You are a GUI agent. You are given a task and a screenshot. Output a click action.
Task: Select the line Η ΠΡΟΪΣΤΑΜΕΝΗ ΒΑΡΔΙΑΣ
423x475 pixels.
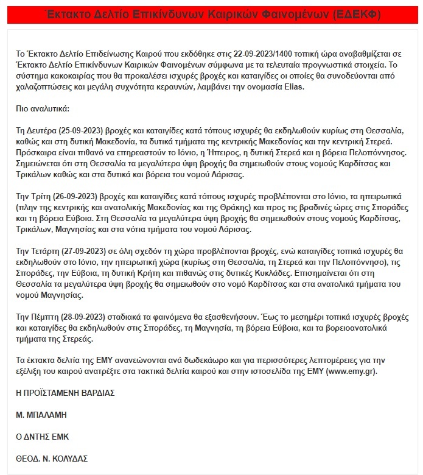click(x=66, y=393)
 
